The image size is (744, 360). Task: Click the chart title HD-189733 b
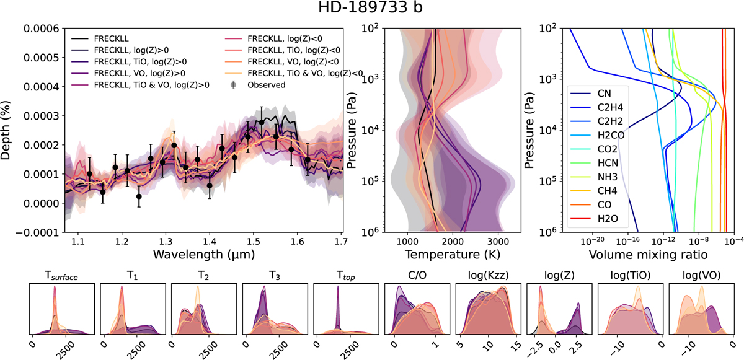(x=372, y=11)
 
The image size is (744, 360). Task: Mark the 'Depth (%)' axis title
(x=7, y=131)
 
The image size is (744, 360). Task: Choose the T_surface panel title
(x=62, y=276)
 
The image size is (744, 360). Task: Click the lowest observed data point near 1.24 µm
(x=139, y=196)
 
